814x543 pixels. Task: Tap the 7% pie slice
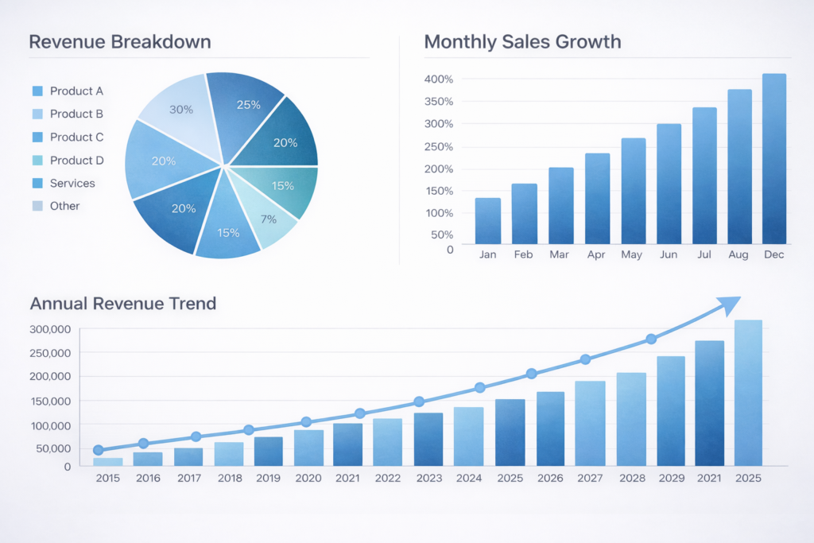click(x=269, y=219)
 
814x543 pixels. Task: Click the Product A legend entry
click(x=76, y=91)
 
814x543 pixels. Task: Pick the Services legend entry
click(x=72, y=183)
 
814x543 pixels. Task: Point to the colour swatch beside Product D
click(x=37, y=161)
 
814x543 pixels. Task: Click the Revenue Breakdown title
click(x=120, y=41)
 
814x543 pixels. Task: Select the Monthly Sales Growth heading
click(x=522, y=41)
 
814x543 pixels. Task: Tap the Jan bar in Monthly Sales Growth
click(x=487, y=220)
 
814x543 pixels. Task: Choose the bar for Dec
click(x=773, y=159)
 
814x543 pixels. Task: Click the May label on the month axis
click(x=631, y=255)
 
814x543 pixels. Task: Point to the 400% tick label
click(x=439, y=80)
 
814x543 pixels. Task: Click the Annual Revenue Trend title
click(x=123, y=304)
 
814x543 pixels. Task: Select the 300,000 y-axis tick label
click(x=50, y=329)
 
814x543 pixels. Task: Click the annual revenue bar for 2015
click(x=107, y=461)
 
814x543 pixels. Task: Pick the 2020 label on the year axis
click(x=308, y=478)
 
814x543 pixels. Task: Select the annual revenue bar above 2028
click(x=631, y=419)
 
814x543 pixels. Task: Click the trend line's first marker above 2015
click(x=99, y=450)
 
